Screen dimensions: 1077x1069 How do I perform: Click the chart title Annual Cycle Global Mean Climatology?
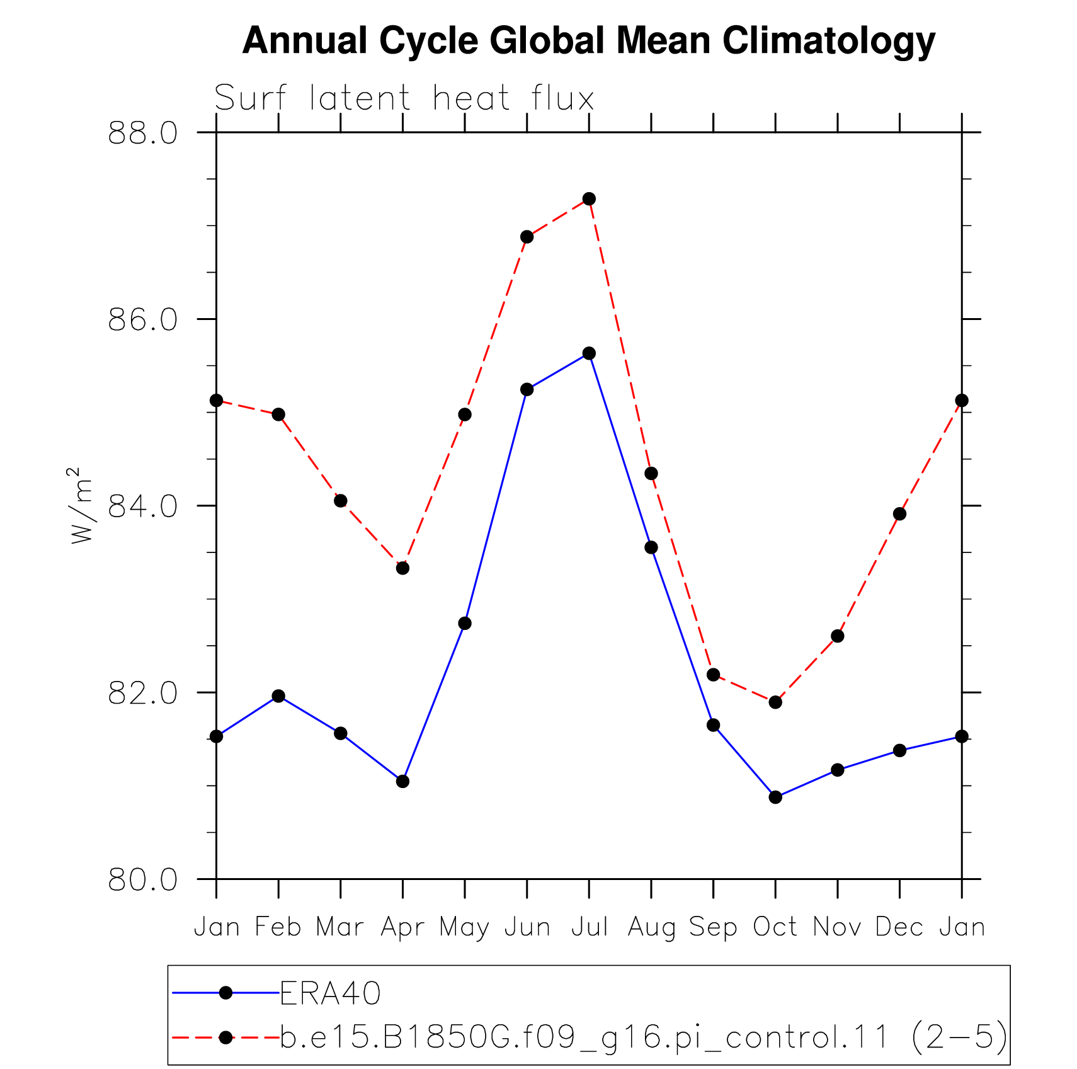coord(589,42)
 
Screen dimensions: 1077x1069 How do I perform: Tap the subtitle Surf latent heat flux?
coord(404,98)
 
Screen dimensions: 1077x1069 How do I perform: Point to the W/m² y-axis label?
coord(81,505)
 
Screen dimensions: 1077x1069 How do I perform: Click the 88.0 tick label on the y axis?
coord(143,133)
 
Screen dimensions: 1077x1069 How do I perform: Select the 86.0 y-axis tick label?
coord(143,319)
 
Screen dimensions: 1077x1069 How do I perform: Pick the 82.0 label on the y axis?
coord(143,693)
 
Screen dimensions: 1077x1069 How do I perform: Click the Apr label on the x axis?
coord(402,927)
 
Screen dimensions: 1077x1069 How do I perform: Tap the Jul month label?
coord(590,927)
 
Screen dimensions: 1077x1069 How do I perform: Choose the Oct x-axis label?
coord(775,927)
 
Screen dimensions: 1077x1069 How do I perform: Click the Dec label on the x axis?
coord(899,927)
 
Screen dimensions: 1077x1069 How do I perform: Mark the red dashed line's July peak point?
coord(589,199)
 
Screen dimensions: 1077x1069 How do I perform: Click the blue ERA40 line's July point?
coord(589,353)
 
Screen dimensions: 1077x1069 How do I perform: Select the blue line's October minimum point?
coord(775,797)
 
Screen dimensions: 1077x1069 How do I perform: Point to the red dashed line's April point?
coord(402,568)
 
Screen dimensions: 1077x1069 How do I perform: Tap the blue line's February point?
coord(278,696)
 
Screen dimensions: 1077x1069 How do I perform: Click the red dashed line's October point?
coord(775,702)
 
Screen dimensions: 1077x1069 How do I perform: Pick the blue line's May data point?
coord(465,624)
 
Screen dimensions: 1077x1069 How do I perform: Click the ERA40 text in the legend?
coord(331,993)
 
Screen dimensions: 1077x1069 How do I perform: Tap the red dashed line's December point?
coord(899,514)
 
